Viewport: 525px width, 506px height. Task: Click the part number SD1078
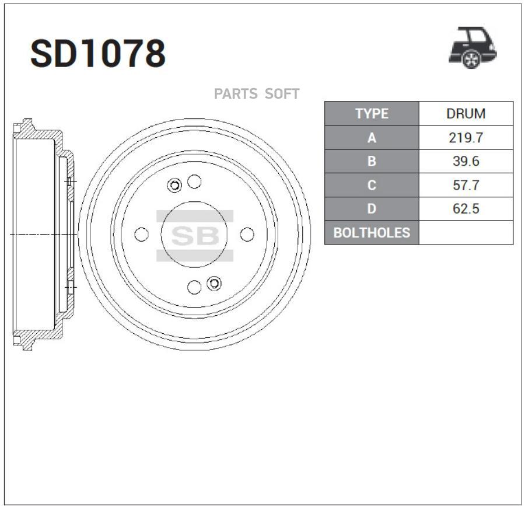98,53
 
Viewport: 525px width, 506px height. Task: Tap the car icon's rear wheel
471,59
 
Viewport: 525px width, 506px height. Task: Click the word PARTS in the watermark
236,94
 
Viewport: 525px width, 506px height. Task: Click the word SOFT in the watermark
282,94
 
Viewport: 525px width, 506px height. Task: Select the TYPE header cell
372,114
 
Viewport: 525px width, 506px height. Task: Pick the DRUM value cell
466,114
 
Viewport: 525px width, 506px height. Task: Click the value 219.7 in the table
466,138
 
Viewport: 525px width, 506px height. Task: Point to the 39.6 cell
466,161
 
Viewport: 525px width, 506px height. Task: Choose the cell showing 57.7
466,185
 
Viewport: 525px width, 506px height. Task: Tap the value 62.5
466,208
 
